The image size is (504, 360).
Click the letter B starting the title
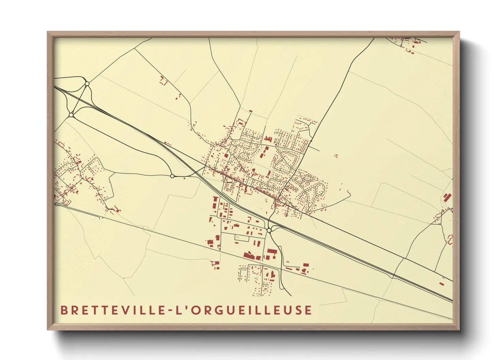coord(64,310)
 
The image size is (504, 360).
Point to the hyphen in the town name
coord(171,311)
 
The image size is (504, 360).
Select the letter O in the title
coord(194,310)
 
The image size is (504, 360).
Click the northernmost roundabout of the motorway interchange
coord(87,83)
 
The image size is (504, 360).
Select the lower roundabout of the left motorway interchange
coord(71,115)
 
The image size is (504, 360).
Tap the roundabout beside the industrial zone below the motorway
coord(269,230)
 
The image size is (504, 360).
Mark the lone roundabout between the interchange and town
coord(172,176)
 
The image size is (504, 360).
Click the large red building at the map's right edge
coord(447,197)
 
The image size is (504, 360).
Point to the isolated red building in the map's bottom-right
coord(441,283)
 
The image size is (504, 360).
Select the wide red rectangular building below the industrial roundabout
coord(272,251)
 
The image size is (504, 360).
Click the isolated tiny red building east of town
coord(336,156)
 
